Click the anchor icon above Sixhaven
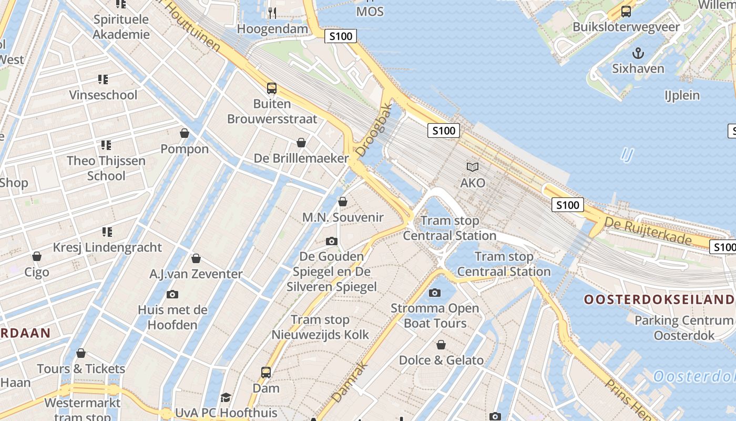(638, 53)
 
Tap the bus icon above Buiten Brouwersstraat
(272, 88)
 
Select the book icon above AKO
(473, 167)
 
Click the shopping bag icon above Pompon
(185, 133)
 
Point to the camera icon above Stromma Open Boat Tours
(435, 293)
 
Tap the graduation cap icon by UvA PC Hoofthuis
(226, 397)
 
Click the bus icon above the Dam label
(266, 373)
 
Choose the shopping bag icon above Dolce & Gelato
(441, 345)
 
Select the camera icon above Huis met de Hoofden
(172, 294)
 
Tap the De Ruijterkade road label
(648, 232)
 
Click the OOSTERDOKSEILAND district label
(659, 299)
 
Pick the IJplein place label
(682, 95)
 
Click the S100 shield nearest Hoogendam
(341, 36)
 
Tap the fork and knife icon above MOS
(272, 13)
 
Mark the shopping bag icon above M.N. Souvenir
(343, 202)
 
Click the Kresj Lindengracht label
(107, 247)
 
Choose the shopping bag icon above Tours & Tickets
(81, 353)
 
